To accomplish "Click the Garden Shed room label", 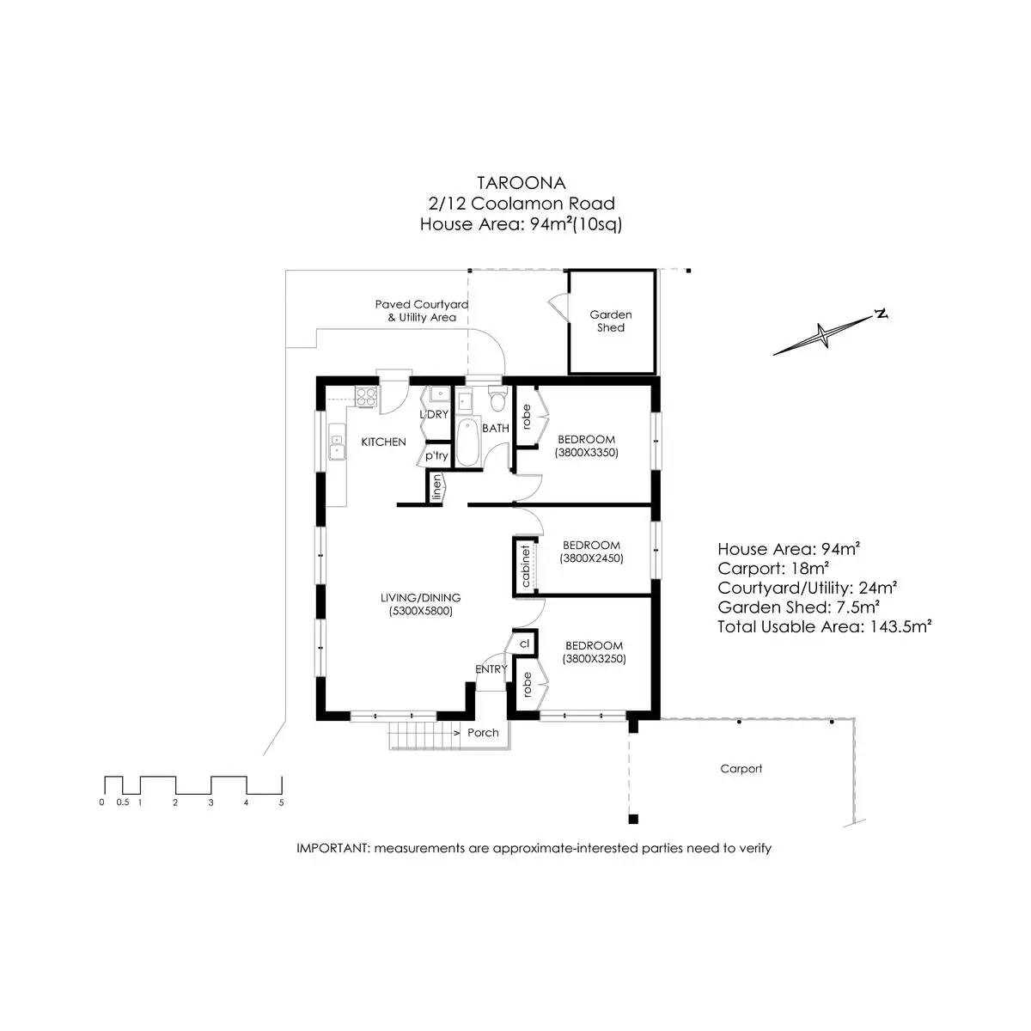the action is (x=610, y=321).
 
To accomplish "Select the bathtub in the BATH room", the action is (x=467, y=442).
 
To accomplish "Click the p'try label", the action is (x=436, y=455).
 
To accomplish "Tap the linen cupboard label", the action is (x=436, y=487).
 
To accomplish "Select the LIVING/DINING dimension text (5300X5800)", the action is (x=420, y=612).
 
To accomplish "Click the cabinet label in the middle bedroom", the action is (x=525, y=565).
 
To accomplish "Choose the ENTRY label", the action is (x=491, y=669).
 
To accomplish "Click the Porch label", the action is (x=483, y=733).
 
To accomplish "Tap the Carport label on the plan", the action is (x=741, y=769).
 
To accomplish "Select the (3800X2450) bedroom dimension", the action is (x=591, y=558).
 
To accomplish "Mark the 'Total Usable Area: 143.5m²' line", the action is (x=825, y=626).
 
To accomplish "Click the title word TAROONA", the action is (x=522, y=182).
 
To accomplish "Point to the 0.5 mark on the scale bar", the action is (x=123, y=802).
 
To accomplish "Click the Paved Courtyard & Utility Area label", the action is (x=421, y=311).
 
